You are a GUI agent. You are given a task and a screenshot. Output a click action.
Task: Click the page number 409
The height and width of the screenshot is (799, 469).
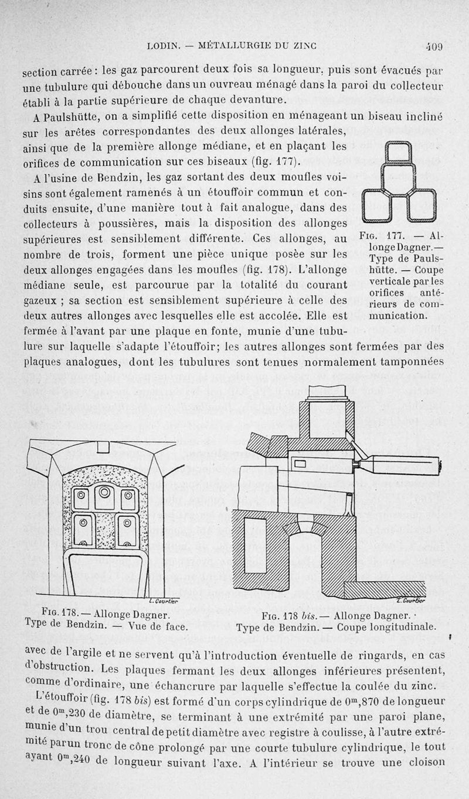[x=434, y=46]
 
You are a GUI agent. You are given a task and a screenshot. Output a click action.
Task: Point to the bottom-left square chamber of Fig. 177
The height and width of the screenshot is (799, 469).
[x=376, y=204]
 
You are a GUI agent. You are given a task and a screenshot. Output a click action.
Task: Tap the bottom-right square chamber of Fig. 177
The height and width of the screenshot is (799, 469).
[x=421, y=204]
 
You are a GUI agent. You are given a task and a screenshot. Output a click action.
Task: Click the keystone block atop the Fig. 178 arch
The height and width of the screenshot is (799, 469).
[x=103, y=447]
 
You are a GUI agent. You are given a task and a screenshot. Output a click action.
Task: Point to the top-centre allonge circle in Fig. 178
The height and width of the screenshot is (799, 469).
[x=104, y=492]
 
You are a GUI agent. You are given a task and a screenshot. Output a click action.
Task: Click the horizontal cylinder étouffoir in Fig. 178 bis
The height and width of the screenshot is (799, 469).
[x=399, y=465]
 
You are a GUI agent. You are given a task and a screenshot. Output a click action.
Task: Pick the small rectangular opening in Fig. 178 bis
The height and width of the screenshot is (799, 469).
[x=300, y=464]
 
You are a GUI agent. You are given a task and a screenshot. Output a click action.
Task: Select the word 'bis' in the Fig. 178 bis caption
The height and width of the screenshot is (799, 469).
[x=307, y=615]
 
